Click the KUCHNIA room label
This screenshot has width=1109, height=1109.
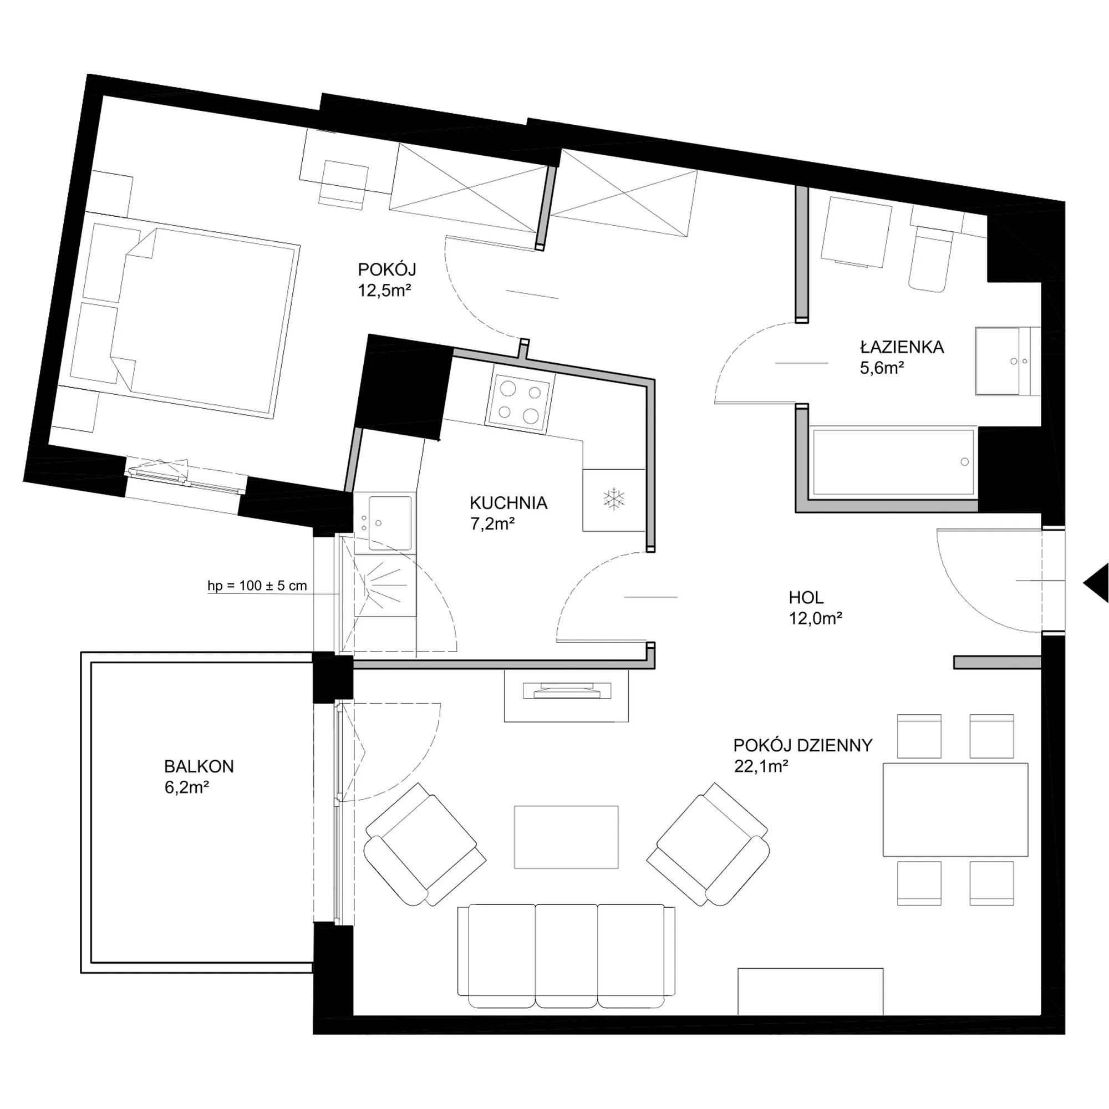pyautogui.click(x=508, y=503)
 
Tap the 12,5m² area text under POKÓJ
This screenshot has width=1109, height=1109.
pyautogui.click(x=385, y=290)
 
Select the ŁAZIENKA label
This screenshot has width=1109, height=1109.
pyautogui.click(x=902, y=347)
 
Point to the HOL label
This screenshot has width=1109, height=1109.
pyautogui.click(x=806, y=598)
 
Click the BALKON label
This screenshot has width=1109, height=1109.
pyautogui.click(x=199, y=766)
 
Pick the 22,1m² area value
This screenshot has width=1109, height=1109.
pyautogui.click(x=761, y=766)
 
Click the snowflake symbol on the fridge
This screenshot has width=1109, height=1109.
pyautogui.click(x=614, y=499)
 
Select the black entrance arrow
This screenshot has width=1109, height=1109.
pyautogui.click(x=1096, y=583)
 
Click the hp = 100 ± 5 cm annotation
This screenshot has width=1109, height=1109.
pyautogui.click(x=257, y=586)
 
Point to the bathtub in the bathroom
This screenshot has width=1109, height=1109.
pyautogui.click(x=893, y=461)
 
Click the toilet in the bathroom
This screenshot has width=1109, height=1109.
pyautogui.click(x=930, y=256)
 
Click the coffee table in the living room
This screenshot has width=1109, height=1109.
pyautogui.click(x=566, y=837)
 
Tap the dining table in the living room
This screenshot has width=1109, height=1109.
pyautogui.click(x=955, y=810)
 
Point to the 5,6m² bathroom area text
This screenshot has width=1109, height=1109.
pyautogui.click(x=882, y=368)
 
